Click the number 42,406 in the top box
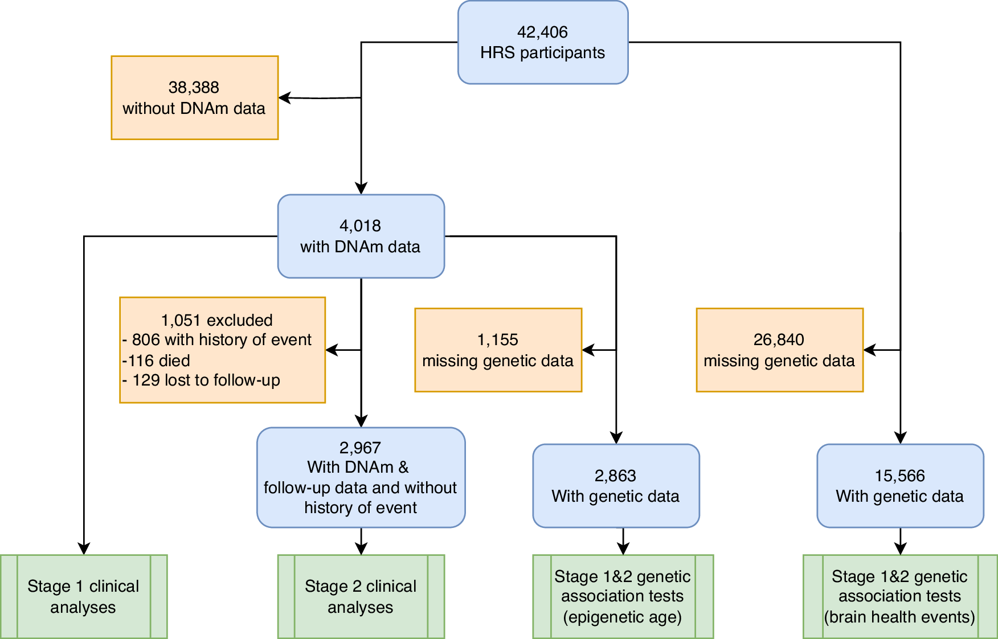tap(542, 32)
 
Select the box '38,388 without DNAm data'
tap(194, 97)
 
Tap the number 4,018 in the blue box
tap(360, 226)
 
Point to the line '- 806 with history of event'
tap(217, 340)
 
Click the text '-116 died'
tap(156, 361)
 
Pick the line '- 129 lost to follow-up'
tap(201, 380)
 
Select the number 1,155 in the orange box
tap(497, 340)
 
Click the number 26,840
tap(779, 340)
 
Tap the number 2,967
tap(360, 448)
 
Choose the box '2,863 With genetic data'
tap(615, 486)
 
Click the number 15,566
tap(899, 476)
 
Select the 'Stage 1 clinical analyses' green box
tap(83, 596)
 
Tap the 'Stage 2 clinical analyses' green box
tap(361, 596)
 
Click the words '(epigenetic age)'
tap(622, 617)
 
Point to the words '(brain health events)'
tap(899, 617)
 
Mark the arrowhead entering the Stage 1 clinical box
tap(84, 548)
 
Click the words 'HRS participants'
tap(542, 53)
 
